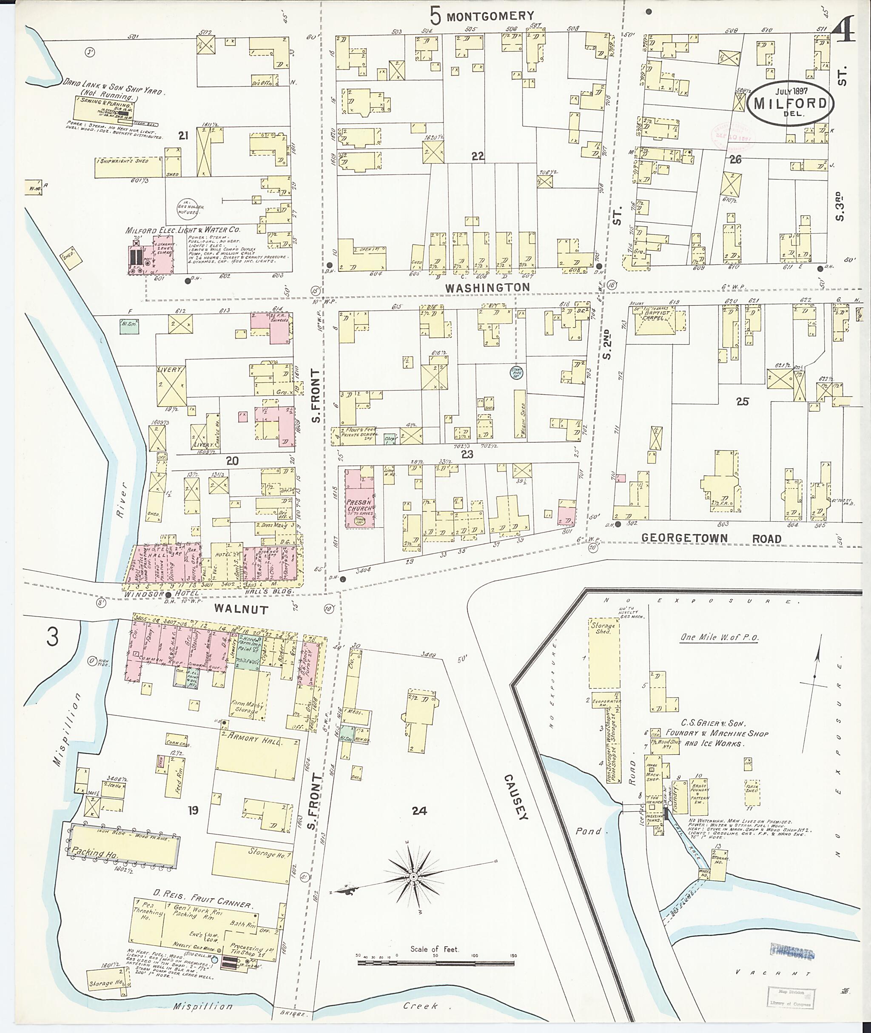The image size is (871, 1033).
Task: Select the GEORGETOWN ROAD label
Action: click(x=711, y=539)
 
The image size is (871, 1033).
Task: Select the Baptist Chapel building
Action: click(x=656, y=319)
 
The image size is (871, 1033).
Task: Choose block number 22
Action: click(x=478, y=157)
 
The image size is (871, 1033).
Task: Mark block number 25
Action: click(x=742, y=401)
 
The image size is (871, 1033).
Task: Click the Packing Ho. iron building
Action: click(x=123, y=844)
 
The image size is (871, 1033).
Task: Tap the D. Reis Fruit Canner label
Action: click(x=203, y=904)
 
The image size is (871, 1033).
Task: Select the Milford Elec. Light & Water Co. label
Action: click(x=183, y=230)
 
